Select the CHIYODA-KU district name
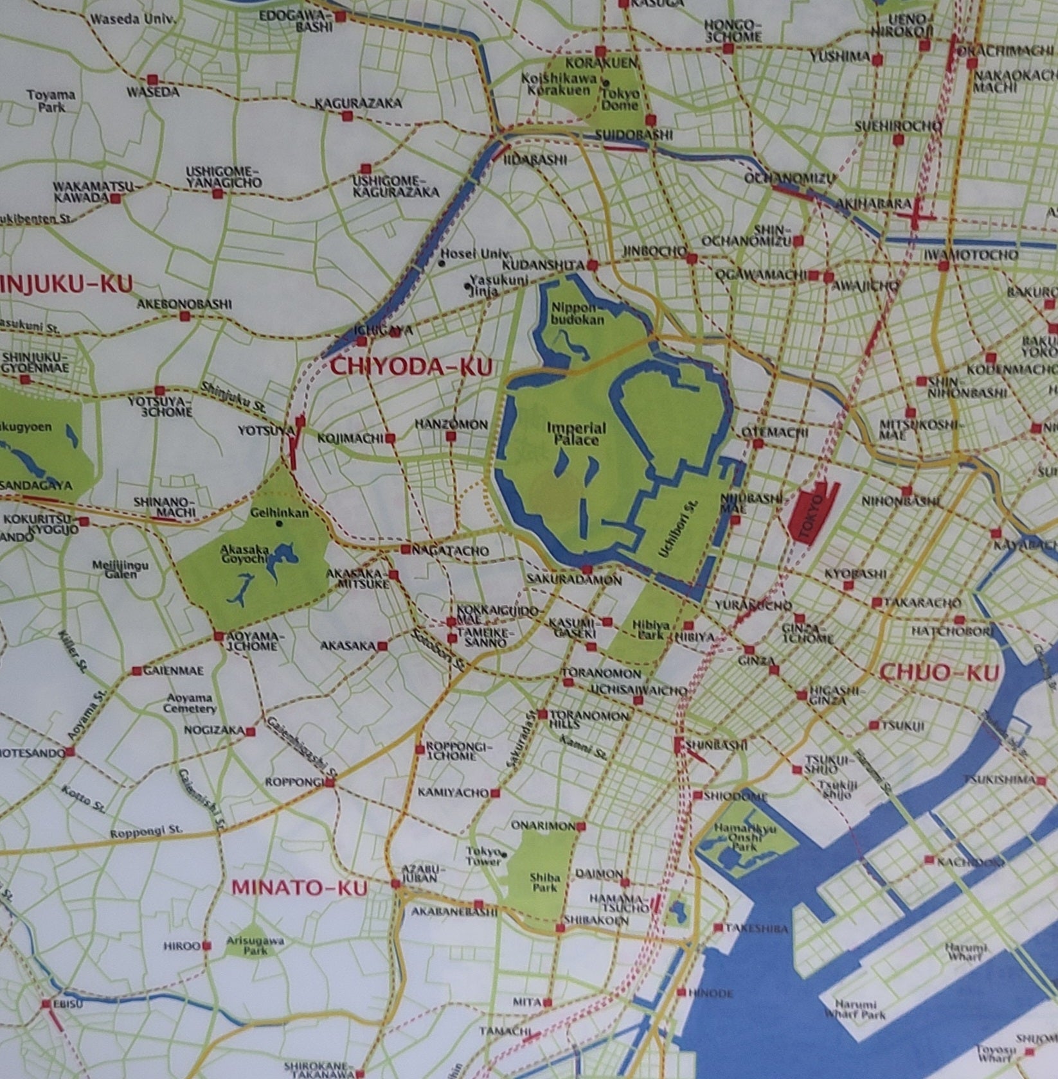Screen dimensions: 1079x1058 411,367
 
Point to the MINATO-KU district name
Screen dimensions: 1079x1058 300,888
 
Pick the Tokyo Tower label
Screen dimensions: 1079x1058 484,856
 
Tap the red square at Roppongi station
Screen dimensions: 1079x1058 330,783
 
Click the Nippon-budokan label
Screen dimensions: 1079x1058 577,314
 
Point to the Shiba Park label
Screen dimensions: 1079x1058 546,882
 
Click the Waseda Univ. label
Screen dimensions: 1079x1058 133,19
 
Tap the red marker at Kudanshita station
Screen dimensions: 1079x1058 593,265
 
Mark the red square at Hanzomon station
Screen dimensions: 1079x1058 451,437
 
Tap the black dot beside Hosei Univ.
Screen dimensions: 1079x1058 442,263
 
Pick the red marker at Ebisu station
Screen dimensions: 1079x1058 46,1004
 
